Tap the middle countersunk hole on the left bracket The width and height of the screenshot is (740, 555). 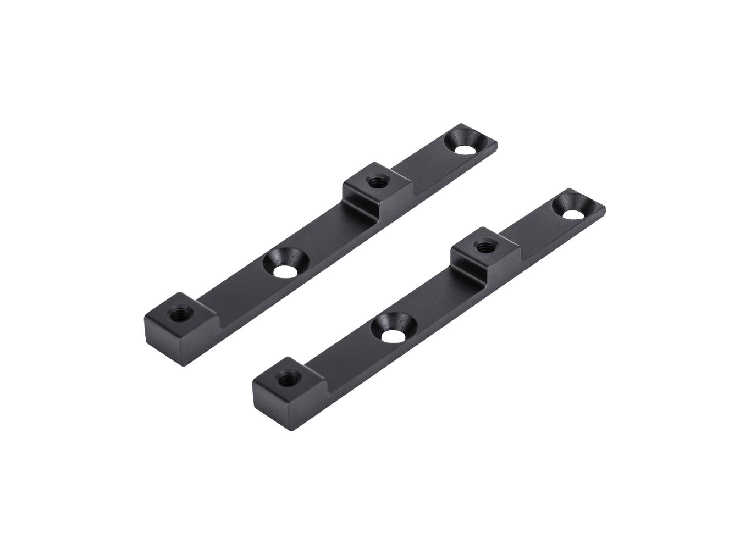pos(284,269)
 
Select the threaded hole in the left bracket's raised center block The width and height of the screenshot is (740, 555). pos(376,181)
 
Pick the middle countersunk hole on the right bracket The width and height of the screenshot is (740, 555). pos(392,332)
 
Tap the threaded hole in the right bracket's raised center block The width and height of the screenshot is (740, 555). pos(484,246)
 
